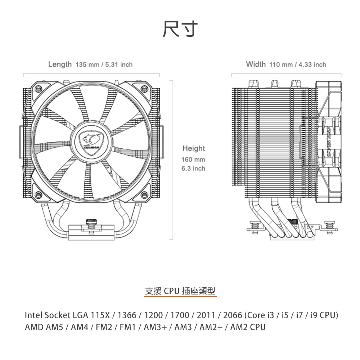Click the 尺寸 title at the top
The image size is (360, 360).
click(x=180, y=29)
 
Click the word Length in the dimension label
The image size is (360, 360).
click(x=60, y=64)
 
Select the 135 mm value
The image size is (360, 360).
click(x=87, y=65)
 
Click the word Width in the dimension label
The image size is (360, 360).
click(x=256, y=64)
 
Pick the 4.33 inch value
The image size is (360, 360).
click(x=312, y=65)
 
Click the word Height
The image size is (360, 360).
click(x=193, y=148)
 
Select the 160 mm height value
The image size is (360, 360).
click(x=193, y=159)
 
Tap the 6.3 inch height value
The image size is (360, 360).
click(x=193, y=168)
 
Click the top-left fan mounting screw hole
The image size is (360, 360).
click(x=38, y=89)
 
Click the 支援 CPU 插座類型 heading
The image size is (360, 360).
click(x=180, y=291)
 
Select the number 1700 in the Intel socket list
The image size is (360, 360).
click(x=180, y=315)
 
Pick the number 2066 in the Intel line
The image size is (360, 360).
click(x=233, y=315)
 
